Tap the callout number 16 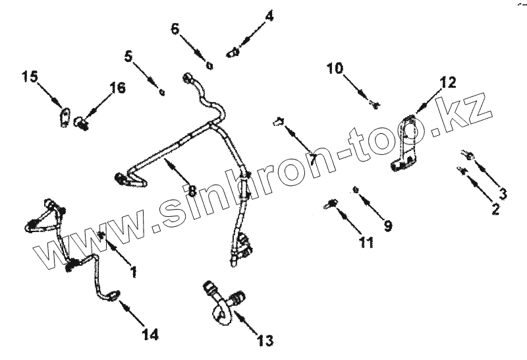tap(117, 89)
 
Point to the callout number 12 tap(447, 82)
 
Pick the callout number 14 tap(150, 334)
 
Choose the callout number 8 tap(192, 191)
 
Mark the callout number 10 tap(335, 67)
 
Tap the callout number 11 tap(366, 241)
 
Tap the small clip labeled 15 tap(65, 117)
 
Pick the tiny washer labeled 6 tap(209, 65)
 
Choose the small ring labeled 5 tap(162, 92)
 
